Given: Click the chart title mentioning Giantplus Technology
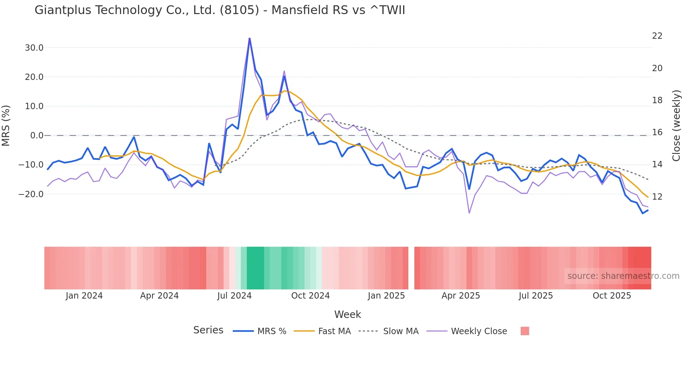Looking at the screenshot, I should click(x=220, y=10).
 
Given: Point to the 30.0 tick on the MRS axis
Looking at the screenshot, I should click(x=34, y=48).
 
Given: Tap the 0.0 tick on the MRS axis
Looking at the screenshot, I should click(x=37, y=136).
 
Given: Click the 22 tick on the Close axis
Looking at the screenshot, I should click(x=657, y=36).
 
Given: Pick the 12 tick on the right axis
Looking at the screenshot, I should click(x=657, y=197).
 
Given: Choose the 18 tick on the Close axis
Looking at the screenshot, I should click(x=657, y=100).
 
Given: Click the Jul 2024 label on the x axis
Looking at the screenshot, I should click(x=234, y=296).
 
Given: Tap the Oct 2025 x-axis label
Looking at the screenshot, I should click(x=612, y=296).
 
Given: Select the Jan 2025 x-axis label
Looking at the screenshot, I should click(x=387, y=296).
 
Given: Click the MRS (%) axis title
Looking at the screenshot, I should click(x=6, y=126).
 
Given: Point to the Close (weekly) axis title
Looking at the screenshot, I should click(x=676, y=126).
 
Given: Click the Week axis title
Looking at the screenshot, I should click(x=347, y=314).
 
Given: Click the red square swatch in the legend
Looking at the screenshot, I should click(x=525, y=331).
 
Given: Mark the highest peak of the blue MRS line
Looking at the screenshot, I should click(x=250, y=38).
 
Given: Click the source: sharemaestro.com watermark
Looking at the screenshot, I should click(x=623, y=276).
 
